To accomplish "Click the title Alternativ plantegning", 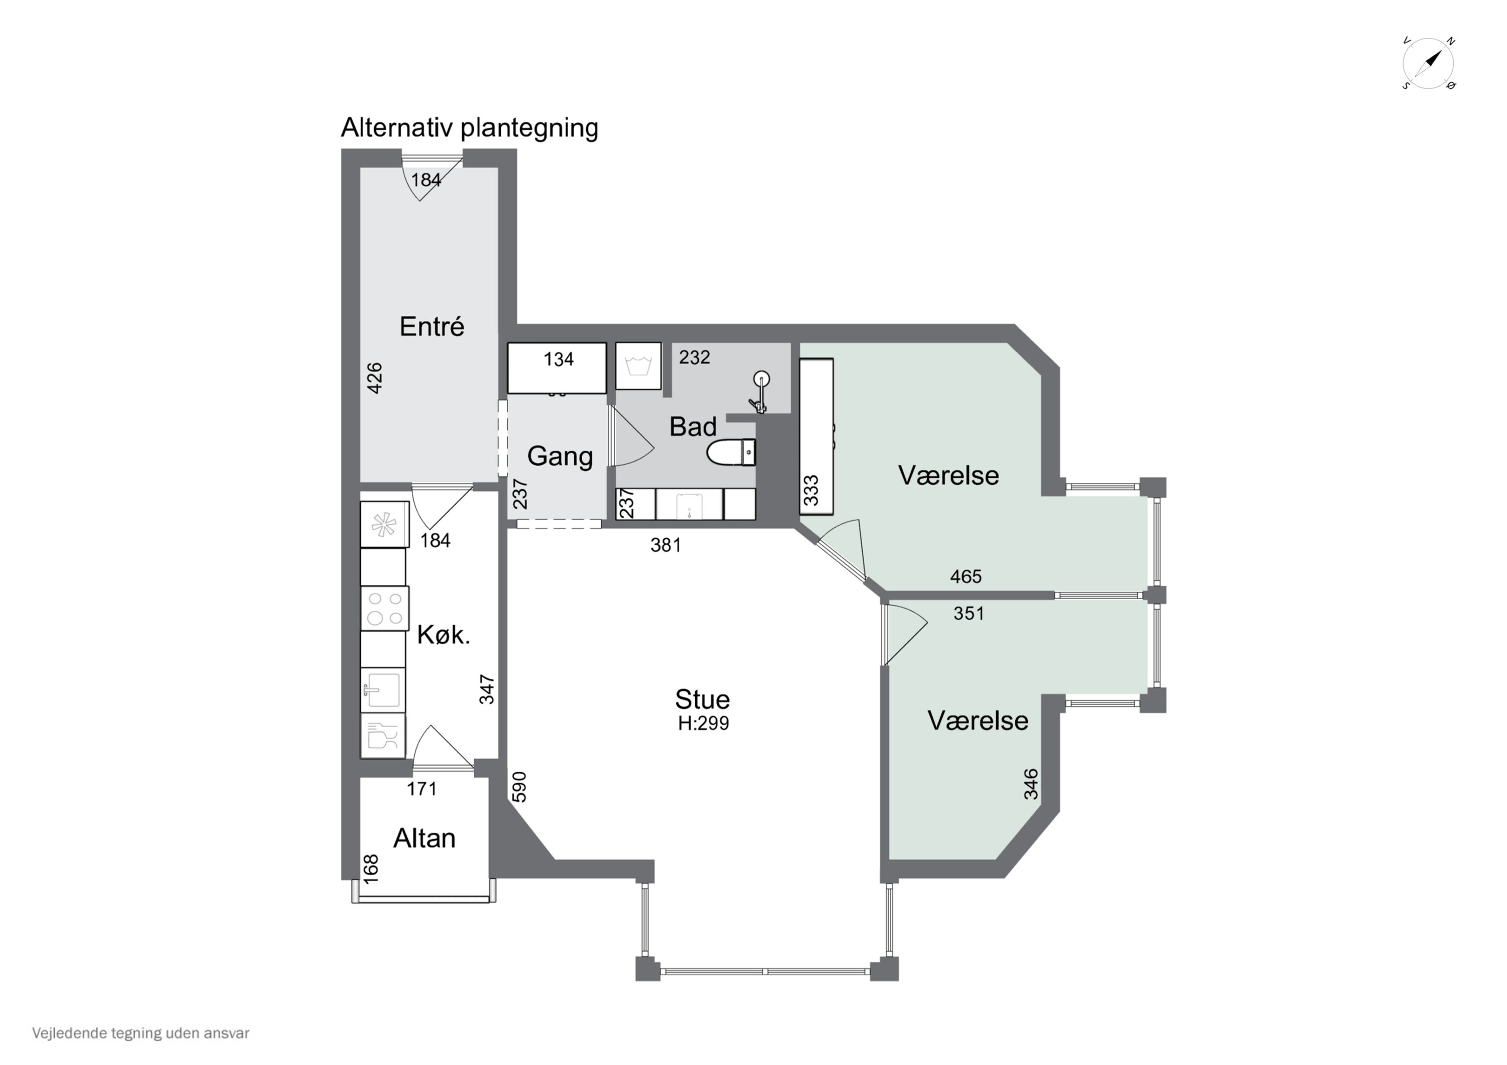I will click(469, 128).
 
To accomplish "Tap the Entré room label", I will click(432, 326).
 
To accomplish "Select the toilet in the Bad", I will click(730, 452).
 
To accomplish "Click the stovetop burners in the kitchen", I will click(385, 608).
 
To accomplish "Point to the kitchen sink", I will click(383, 689).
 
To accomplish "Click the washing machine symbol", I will click(638, 366).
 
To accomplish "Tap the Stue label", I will click(702, 699).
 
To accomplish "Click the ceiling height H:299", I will click(703, 723).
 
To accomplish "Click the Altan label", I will click(424, 839).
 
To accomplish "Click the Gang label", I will click(560, 456).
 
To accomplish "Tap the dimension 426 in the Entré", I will click(374, 378).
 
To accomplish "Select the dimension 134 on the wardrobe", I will click(558, 359).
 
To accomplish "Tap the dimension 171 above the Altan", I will click(421, 789).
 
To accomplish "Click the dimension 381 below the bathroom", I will click(666, 545).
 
